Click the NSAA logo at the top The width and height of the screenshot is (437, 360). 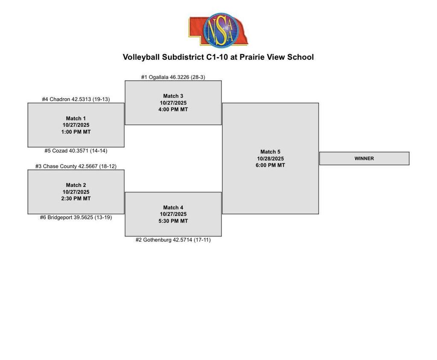coord(218,30)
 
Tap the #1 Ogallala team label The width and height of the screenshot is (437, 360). coord(173,77)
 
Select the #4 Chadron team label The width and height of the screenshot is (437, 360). coord(76,99)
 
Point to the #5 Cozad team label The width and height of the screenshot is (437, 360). coord(76,151)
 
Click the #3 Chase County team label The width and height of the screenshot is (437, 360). coord(76,166)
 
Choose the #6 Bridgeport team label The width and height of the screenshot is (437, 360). coord(76,217)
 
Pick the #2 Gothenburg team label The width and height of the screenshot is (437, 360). coord(173,240)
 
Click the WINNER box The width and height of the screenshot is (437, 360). coord(364,158)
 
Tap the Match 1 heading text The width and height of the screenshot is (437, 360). coord(76,118)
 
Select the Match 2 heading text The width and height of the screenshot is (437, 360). coord(76,185)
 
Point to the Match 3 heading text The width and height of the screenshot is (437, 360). coord(173,96)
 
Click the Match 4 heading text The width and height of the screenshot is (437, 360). coord(173,208)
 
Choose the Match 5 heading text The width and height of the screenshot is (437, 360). coord(270,152)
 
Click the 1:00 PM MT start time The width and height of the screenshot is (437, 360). coord(76,132)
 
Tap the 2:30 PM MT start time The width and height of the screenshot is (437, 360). coord(76,198)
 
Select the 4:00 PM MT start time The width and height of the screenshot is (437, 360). coord(173,110)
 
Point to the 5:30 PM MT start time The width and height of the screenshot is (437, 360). coord(173,221)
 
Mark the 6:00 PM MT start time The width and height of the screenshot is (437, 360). coord(270,165)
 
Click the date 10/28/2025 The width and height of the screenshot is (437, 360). coord(270,159)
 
